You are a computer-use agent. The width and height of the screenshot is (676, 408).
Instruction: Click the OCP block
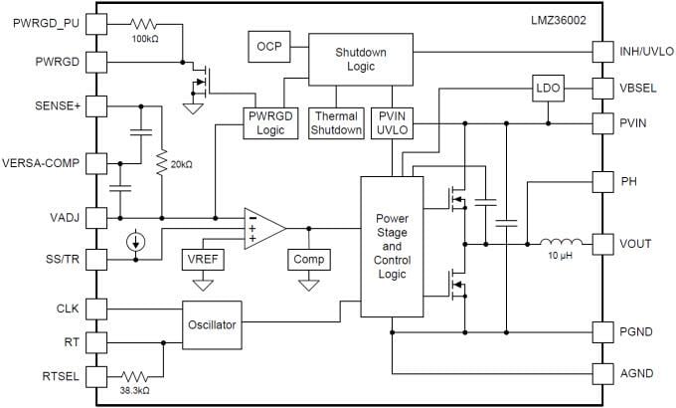click(267, 47)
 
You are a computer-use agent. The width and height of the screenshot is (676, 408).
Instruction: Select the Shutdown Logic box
click(360, 60)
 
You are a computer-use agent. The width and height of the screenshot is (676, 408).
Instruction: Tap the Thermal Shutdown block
click(336, 122)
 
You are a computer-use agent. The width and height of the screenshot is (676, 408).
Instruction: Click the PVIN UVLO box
click(392, 122)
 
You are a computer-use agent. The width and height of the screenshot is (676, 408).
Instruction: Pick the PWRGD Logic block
click(271, 122)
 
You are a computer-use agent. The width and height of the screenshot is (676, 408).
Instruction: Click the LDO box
click(547, 89)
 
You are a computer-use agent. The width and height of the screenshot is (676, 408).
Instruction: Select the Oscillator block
click(212, 324)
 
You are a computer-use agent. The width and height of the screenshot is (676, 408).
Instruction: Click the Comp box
click(308, 260)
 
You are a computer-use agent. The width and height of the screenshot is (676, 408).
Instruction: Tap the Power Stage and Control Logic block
click(392, 246)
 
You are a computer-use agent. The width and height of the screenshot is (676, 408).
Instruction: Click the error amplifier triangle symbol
click(263, 228)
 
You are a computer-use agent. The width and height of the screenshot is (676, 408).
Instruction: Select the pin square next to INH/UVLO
click(601, 50)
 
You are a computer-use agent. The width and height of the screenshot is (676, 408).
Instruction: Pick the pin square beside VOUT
click(601, 243)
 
